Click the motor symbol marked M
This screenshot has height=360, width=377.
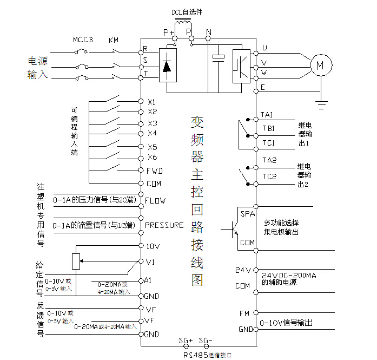point(319,65)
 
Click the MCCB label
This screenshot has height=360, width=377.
point(83,40)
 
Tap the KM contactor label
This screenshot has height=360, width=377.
point(114,40)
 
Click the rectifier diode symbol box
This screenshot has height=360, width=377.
point(167,66)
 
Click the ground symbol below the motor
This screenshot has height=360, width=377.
point(323,101)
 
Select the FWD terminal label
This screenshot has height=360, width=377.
point(155,171)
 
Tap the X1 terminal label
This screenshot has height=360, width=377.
point(152,102)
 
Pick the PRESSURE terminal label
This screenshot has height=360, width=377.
point(164,225)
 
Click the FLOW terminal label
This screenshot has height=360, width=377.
point(155,201)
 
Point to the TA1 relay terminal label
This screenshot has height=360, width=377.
point(268,115)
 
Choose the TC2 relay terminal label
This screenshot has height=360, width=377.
point(269,176)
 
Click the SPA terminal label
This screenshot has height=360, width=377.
point(247,214)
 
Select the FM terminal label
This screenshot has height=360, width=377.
point(244,313)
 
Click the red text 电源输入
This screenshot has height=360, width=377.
point(38,68)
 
